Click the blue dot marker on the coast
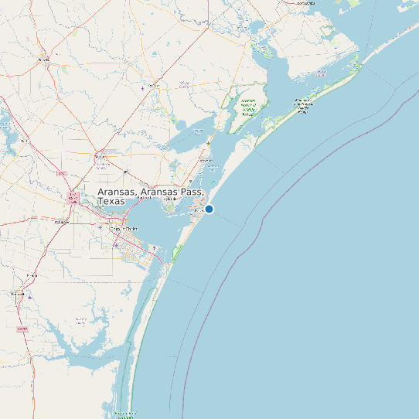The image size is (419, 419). pos(209,209)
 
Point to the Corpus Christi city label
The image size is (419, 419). pos(124,229)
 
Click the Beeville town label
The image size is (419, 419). pos(43,59)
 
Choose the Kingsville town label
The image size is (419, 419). pos(17,294)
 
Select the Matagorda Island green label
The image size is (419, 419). pos(302,106)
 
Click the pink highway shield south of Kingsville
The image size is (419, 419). pos(22,329)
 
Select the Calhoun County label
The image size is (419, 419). pos(305,3)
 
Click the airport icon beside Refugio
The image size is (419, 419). pos(143,88)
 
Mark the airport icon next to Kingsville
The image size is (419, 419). pos(29,297)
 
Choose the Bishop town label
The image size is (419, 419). pos(32,274)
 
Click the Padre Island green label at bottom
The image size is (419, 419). pos(125,415)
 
